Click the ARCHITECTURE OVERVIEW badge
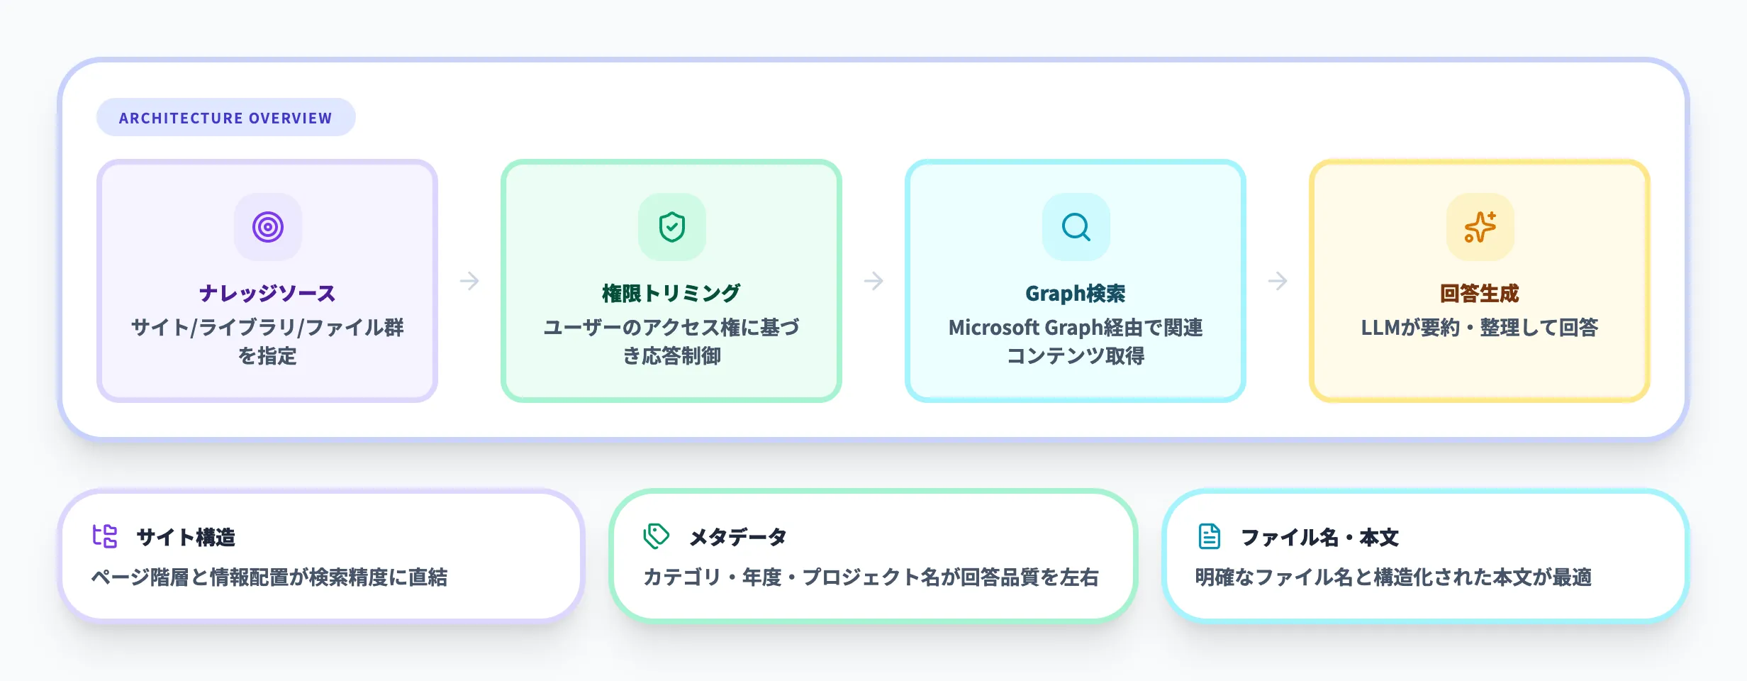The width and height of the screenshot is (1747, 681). (x=225, y=118)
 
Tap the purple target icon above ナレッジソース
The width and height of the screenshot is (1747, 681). (x=268, y=227)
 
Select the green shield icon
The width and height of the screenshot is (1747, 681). (x=671, y=227)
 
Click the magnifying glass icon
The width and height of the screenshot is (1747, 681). (x=1076, y=227)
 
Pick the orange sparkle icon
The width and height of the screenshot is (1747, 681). (x=1480, y=227)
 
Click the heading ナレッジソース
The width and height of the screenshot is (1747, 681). (x=267, y=293)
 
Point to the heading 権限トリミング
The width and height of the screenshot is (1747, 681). (x=671, y=293)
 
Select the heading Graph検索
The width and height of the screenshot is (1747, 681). (x=1075, y=293)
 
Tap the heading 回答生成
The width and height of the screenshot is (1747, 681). (x=1479, y=293)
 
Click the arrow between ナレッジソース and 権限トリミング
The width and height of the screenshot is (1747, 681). (x=469, y=281)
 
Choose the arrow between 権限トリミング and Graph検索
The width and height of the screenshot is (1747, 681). (x=873, y=281)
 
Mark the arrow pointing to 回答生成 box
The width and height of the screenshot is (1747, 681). (x=1278, y=281)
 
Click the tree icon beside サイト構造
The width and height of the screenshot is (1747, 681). (x=105, y=536)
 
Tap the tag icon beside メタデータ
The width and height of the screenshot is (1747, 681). (x=656, y=536)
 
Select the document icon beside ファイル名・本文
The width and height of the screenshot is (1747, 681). (x=1209, y=536)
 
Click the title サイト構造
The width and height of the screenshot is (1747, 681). (x=186, y=537)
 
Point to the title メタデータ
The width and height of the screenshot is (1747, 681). (x=738, y=537)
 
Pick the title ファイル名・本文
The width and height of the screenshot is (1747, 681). (x=1319, y=537)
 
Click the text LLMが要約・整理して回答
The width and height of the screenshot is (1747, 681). (x=1479, y=327)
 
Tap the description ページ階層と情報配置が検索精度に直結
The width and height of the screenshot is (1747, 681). (x=269, y=577)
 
